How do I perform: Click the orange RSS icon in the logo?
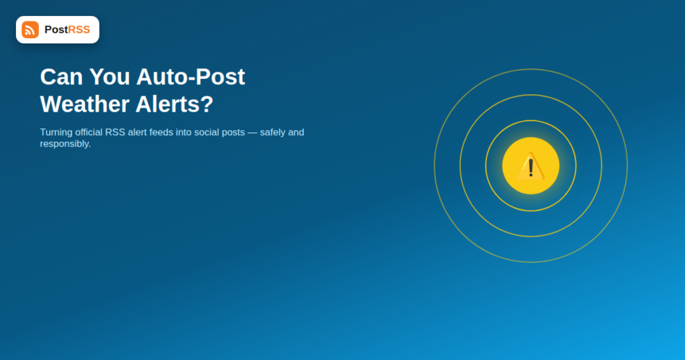(x=30, y=29)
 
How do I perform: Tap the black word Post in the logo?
(x=56, y=29)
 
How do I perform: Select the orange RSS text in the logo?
(x=79, y=29)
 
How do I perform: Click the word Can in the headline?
(x=61, y=77)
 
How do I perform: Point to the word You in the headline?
(x=110, y=77)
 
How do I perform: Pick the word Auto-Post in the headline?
(x=191, y=78)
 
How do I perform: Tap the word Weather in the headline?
(x=85, y=104)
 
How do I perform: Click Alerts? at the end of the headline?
(x=175, y=104)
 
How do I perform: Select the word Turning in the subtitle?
(x=56, y=132)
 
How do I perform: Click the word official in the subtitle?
(x=89, y=132)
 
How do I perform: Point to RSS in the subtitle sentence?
(x=115, y=132)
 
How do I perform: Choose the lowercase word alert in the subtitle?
(x=137, y=132)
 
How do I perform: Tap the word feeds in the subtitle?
(x=161, y=132)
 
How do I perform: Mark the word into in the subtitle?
(x=184, y=132)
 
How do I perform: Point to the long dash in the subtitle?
(x=252, y=132)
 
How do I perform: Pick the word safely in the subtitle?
(x=273, y=132)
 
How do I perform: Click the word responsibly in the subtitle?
(x=66, y=144)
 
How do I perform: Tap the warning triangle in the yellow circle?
(x=530, y=167)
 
